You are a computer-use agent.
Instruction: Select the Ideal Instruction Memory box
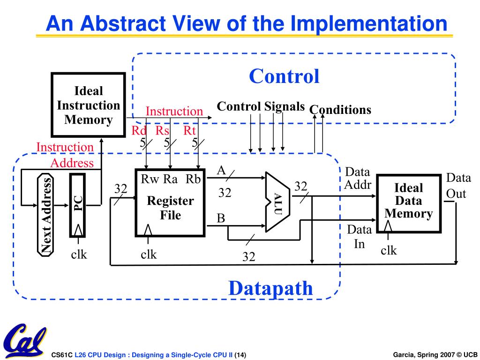tap(88, 105)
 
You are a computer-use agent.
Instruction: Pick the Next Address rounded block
tap(45, 215)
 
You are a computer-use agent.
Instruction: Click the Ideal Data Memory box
tap(409, 201)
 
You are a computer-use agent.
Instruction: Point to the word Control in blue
tap(284, 76)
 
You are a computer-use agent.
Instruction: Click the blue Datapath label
tap(270, 288)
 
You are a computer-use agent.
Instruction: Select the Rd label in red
tap(139, 131)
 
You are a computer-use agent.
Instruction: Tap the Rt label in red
tap(190, 131)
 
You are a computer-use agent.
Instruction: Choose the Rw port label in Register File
tap(150, 180)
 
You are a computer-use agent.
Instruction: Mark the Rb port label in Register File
tap(193, 180)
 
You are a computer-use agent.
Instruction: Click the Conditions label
tap(340, 110)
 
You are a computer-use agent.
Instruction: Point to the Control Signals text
tap(261, 106)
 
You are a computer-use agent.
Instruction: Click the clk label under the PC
tap(79, 255)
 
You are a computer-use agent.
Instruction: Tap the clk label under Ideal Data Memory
tap(389, 251)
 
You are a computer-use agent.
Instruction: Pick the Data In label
tap(359, 237)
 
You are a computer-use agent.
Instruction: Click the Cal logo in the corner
tap(23, 340)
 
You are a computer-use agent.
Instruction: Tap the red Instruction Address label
tap(66, 155)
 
